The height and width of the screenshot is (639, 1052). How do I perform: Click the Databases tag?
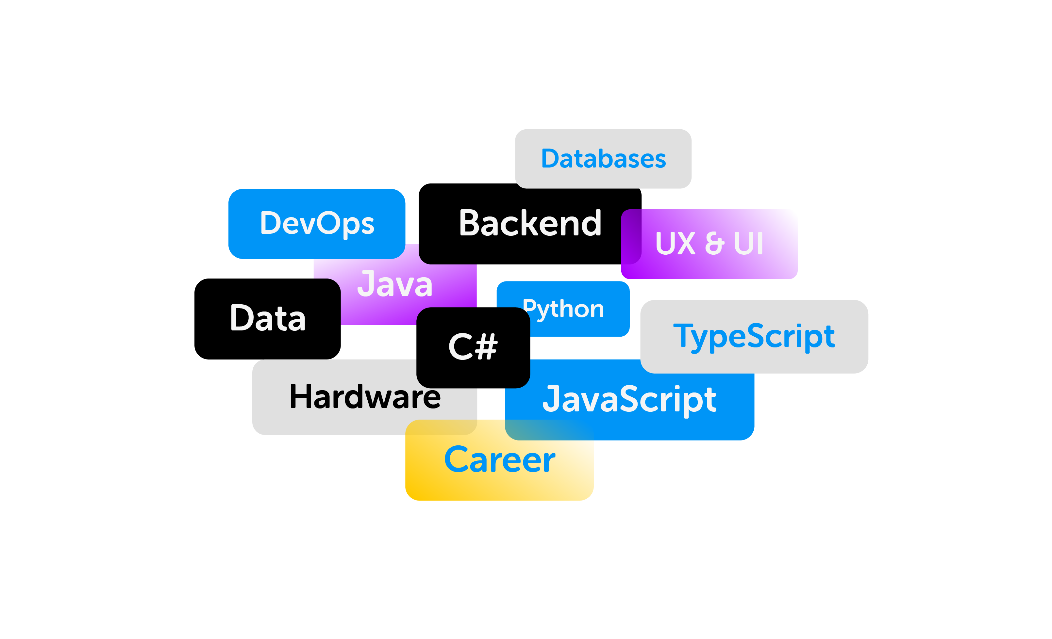603,159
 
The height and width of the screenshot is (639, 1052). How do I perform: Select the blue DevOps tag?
317,224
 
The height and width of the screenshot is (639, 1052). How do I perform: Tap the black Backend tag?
530,224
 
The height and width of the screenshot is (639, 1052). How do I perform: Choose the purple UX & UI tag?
709,244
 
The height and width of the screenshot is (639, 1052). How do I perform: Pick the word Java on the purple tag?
394,284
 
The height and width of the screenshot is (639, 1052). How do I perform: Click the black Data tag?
268,318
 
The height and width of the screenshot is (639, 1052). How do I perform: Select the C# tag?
473,347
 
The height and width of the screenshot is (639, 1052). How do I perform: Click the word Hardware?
365,397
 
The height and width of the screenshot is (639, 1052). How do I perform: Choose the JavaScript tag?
629,400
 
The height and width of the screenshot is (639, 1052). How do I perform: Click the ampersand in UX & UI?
714,244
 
